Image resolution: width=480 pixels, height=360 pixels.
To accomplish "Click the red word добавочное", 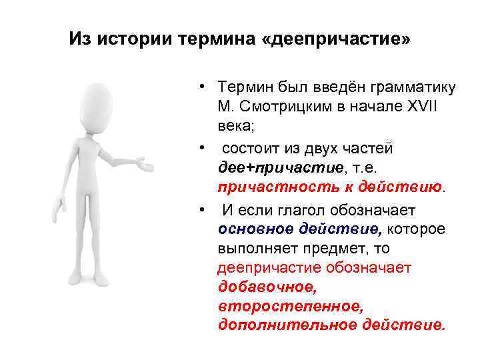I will point(266,287).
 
